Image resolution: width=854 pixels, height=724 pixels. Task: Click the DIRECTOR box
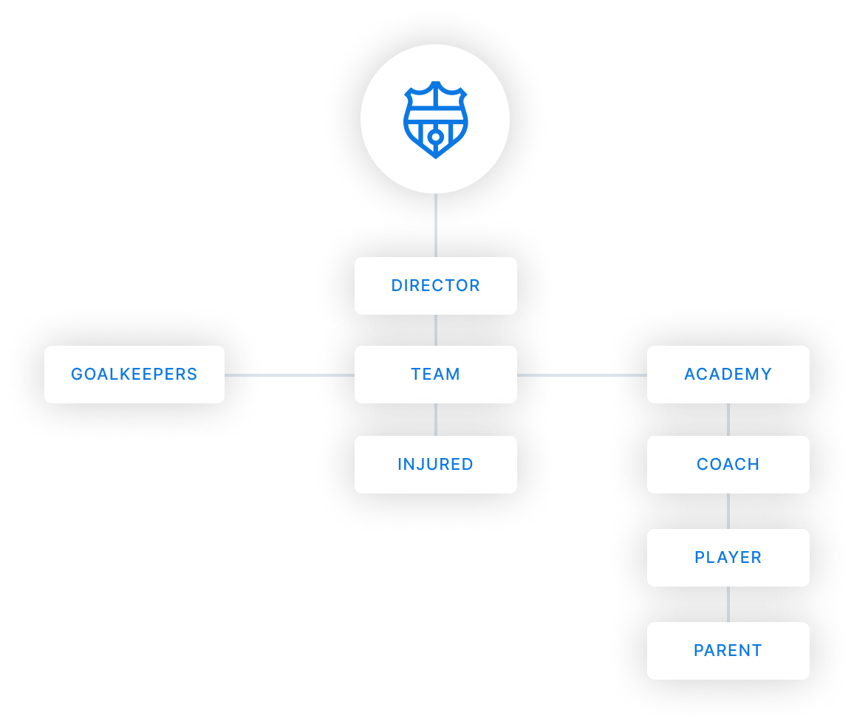click(x=435, y=286)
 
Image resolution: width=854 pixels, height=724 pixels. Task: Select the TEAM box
click(x=435, y=375)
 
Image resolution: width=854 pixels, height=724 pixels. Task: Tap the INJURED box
click(x=435, y=465)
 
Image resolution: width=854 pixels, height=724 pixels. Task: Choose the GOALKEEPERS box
click(x=134, y=375)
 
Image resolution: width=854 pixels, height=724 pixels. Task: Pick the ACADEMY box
click(x=728, y=375)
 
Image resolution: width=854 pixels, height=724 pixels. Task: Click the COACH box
click(x=728, y=465)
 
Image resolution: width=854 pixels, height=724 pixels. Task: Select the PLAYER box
click(x=728, y=558)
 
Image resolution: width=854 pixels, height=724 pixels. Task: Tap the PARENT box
click(x=728, y=651)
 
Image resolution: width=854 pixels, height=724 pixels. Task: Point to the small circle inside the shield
click(x=436, y=137)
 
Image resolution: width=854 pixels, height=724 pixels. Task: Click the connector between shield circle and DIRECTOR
click(x=436, y=225)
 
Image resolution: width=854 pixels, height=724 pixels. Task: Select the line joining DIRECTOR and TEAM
click(x=436, y=330)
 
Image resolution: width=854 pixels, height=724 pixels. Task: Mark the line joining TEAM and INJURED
click(x=436, y=420)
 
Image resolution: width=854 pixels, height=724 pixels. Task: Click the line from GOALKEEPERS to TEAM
click(x=289, y=375)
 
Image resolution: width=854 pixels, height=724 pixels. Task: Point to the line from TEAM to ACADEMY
click(x=581, y=375)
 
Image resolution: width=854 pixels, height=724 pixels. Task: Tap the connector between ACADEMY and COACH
click(x=728, y=420)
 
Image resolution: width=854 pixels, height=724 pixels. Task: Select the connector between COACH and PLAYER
click(x=728, y=511)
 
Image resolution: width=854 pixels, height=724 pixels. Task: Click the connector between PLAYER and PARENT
click(x=728, y=604)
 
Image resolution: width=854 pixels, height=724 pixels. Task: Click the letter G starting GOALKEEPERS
click(x=77, y=375)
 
